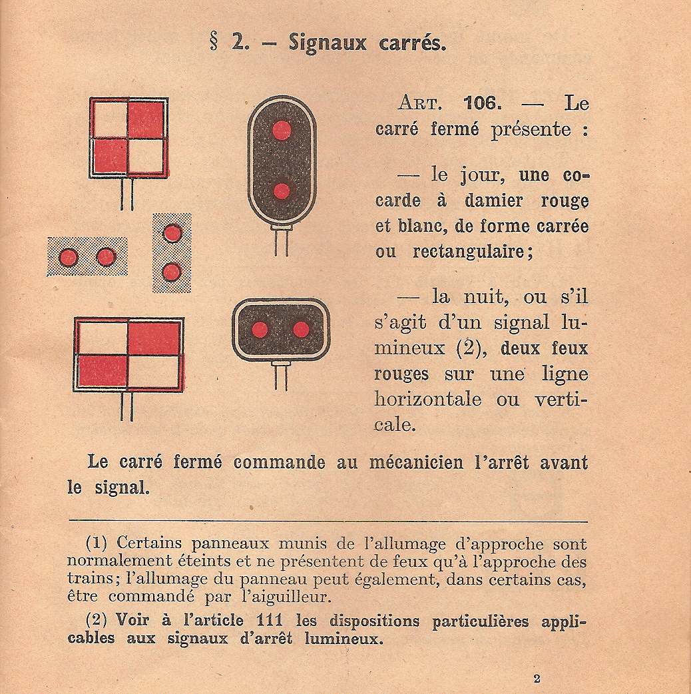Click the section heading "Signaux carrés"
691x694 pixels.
(367, 43)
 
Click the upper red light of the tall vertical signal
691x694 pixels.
(282, 130)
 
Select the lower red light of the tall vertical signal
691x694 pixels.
(282, 191)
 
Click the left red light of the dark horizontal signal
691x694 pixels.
(260, 329)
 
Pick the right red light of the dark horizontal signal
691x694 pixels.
(301, 329)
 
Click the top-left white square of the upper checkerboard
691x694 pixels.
(109, 120)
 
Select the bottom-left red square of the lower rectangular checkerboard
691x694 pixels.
(102, 370)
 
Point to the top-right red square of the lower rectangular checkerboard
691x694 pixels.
(154, 338)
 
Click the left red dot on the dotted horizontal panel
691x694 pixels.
(69, 257)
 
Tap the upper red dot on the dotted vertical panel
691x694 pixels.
(172, 233)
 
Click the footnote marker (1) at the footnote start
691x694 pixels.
(97, 544)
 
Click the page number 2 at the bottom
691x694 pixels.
(537, 679)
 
